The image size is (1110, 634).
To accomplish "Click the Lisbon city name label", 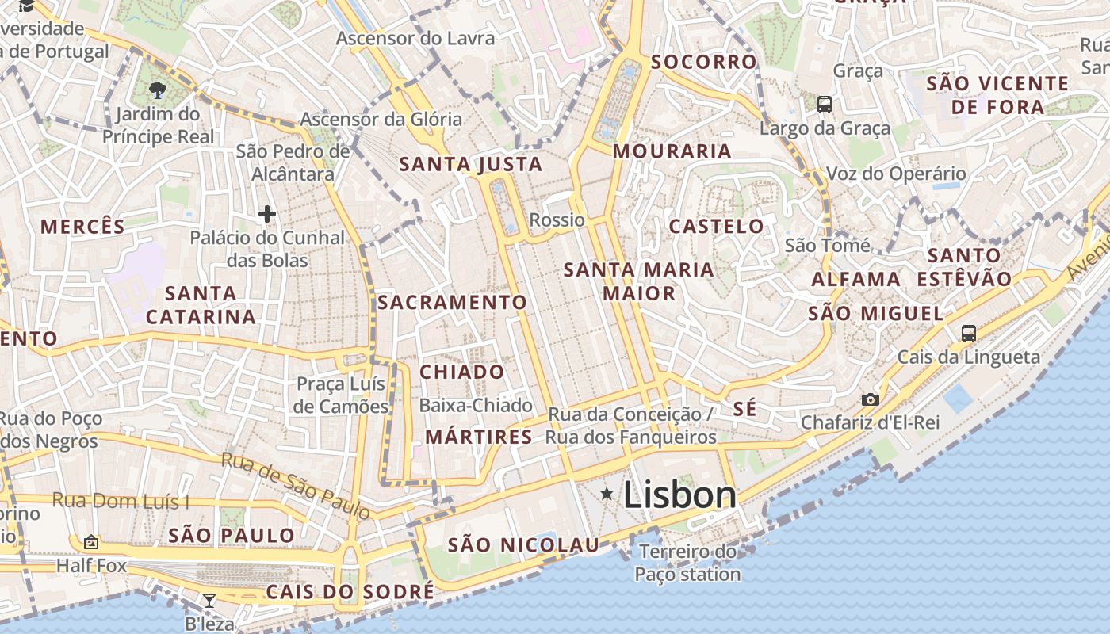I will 679,495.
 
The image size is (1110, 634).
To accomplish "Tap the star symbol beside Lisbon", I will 607,495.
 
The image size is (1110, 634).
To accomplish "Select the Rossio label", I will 557,220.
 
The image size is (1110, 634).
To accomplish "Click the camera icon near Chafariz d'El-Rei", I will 870,399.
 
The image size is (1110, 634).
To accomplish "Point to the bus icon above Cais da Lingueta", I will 968,333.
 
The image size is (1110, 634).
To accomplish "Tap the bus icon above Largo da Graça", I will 825,104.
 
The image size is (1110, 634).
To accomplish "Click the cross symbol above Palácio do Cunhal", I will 267,214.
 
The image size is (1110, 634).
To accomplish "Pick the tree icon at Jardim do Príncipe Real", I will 158,90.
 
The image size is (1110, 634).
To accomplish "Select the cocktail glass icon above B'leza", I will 209,601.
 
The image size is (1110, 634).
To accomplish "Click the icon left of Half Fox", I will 91,543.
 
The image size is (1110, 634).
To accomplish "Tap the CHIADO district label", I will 461,372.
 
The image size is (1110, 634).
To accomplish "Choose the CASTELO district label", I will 716,227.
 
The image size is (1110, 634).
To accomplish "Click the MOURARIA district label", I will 672,151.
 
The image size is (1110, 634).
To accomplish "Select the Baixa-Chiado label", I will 476,406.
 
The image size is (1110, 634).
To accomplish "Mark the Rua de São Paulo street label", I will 296,485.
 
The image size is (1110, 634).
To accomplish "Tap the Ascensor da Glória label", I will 381,120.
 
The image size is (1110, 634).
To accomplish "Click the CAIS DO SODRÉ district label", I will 350,592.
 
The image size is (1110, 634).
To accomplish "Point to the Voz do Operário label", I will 896,174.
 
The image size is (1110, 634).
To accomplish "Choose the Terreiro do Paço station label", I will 687,563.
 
